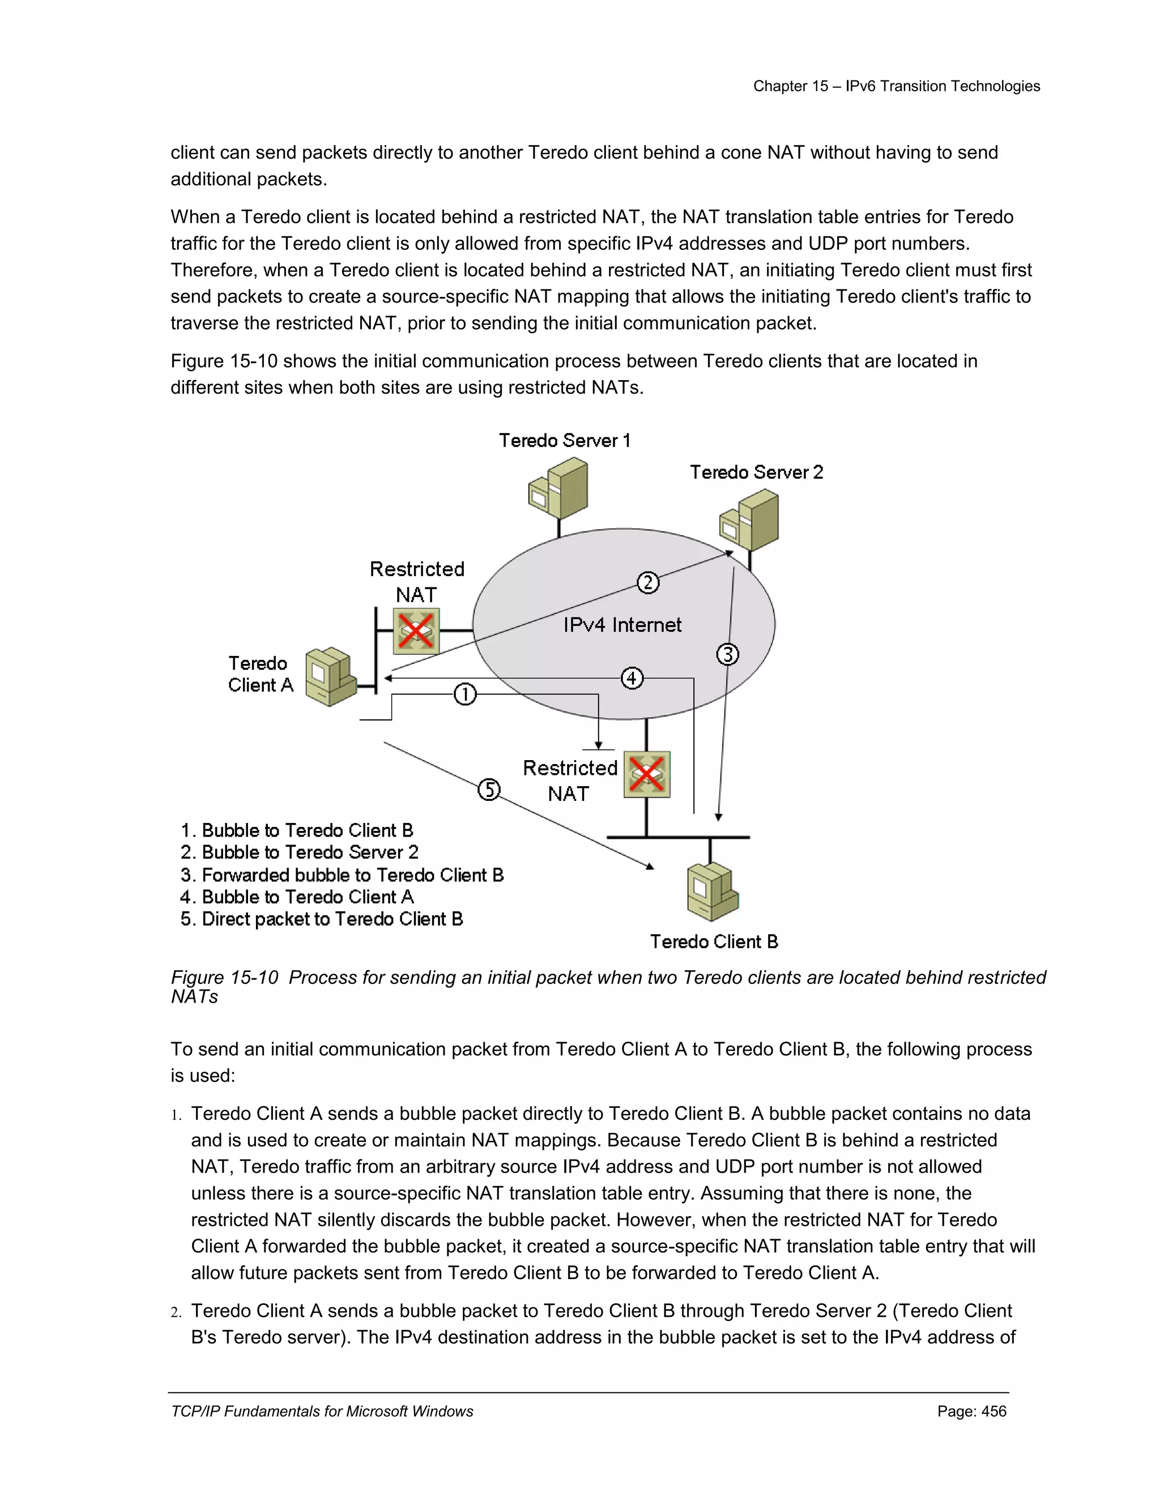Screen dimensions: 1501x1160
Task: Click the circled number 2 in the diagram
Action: pyautogui.click(x=647, y=583)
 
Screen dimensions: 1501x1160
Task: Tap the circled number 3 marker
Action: pyautogui.click(x=728, y=654)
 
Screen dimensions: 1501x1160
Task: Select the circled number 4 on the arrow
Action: pyautogui.click(x=632, y=679)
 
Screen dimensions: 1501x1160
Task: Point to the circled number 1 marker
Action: pyautogui.click(x=465, y=694)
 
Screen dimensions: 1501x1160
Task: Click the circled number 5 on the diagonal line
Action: pyautogui.click(x=489, y=789)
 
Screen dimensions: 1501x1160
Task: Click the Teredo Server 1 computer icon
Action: pyautogui.click(x=558, y=489)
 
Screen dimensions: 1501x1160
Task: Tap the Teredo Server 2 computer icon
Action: pyautogui.click(x=750, y=521)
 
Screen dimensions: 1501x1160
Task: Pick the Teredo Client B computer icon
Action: pyautogui.click(x=713, y=892)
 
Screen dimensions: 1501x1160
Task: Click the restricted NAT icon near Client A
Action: pyautogui.click(x=416, y=631)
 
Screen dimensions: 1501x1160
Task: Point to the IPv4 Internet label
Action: pyautogui.click(x=622, y=625)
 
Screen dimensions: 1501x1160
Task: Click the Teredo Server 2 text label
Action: pyautogui.click(x=756, y=472)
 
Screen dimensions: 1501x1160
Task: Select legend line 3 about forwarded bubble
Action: pyautogui.click(x=342, y=875)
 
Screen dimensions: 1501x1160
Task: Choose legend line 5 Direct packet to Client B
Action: pyautogui.click(x=322, y=919)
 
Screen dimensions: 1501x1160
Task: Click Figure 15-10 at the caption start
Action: pyautogui.click(x=224, y=977)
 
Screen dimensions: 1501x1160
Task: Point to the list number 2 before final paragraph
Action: pyautogui.click(x=176, y=1312)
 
